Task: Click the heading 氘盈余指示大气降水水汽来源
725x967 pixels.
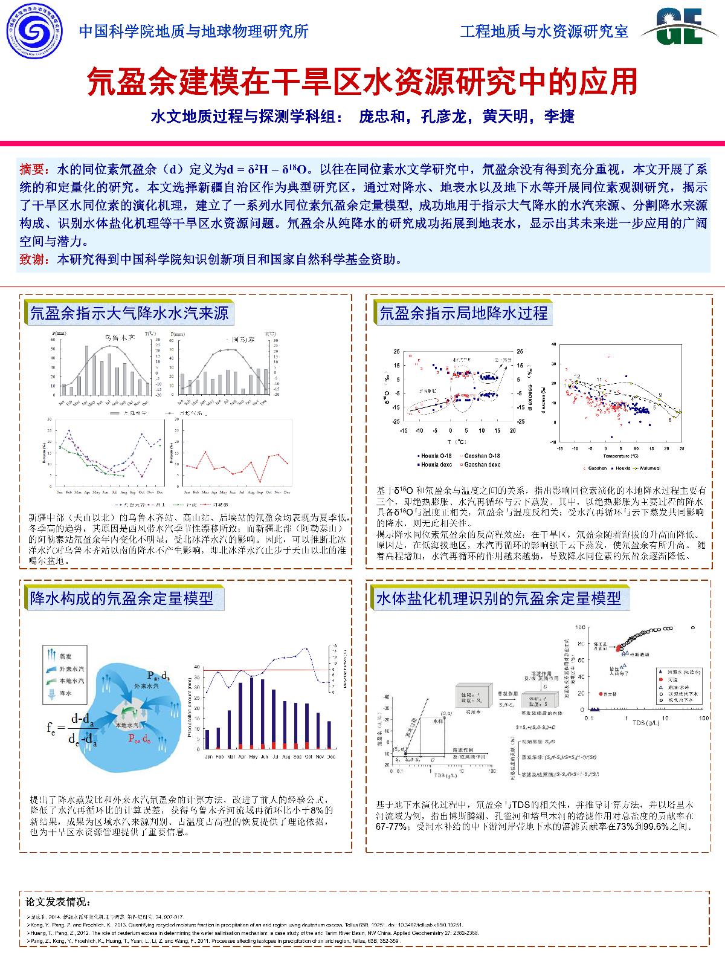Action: click(x=129, y=312)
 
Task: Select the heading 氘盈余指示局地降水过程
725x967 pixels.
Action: click(x=463, y=312)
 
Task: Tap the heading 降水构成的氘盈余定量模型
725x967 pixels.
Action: click(x=121, y=598)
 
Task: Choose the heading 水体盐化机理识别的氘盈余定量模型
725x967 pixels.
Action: click(x=498, y=598)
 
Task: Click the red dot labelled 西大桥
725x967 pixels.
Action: click(x=601, y=694)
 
